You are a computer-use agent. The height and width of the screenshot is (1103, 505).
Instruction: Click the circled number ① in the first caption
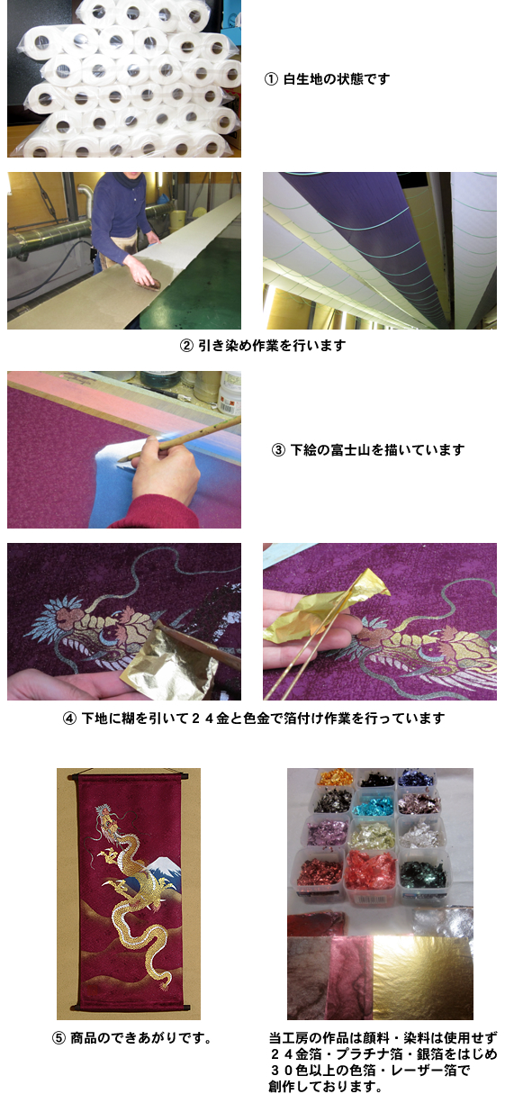click(270, 79)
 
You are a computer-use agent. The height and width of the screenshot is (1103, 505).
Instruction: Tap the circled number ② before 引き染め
click(186, 345)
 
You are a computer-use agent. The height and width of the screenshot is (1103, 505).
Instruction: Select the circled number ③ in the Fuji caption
click(277, 449)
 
